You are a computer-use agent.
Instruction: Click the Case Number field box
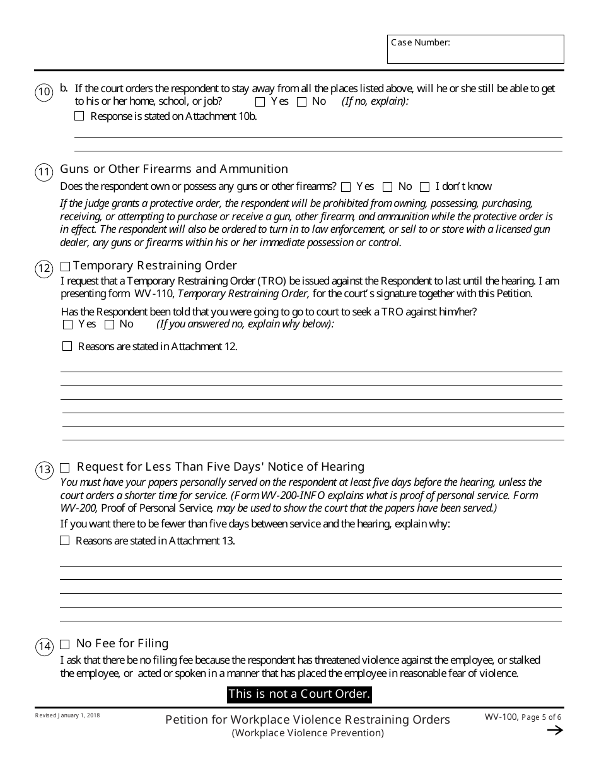pos(475,49)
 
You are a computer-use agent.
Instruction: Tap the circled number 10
pos(44,93)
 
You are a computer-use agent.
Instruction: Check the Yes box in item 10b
pos(260,102)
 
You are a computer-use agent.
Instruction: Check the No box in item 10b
pos(302,102)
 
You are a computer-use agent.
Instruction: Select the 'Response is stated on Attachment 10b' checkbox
pos(79,116)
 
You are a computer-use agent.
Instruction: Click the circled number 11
pos(44,172)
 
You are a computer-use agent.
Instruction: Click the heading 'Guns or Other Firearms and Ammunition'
pos(174,169)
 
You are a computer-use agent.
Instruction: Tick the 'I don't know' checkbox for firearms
pos(424,187)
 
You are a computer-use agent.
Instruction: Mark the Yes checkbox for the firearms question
pos(346,187)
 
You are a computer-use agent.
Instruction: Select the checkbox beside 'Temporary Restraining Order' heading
pos(66,266)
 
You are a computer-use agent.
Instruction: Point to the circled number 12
pos(44,269)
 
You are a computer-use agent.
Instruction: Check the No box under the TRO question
pos(109,325)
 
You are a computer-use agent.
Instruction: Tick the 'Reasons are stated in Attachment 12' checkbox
pos(67,346)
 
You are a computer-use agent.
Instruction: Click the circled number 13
pos(44,470)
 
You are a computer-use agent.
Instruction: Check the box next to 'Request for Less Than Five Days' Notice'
pos(65,468)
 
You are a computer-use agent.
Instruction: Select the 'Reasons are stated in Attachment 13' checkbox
pos(64,541)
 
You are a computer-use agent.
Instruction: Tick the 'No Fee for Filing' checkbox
pos(64,645)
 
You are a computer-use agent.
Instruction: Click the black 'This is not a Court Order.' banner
pos(299,695)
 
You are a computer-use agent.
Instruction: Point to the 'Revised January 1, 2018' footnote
pos(67,715)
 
